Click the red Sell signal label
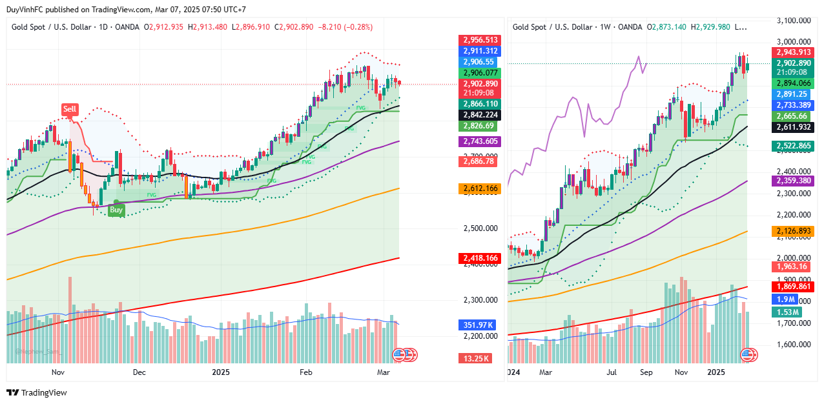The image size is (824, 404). click(x=70, y=109)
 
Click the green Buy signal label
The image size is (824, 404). click(x=116, y=210)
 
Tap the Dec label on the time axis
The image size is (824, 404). click(x=139, y=372)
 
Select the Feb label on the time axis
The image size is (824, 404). click(x=305, y=372)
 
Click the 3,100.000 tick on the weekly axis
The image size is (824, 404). click(x=793, y=21)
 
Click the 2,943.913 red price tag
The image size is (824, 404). click(x=793, y=52)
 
